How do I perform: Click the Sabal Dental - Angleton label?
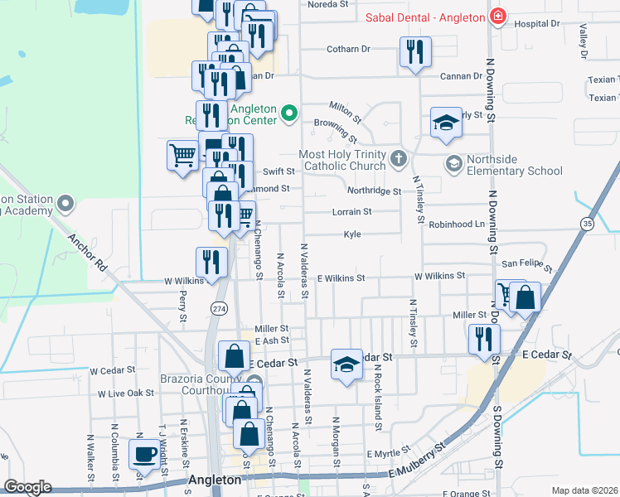click(x=425, y=16)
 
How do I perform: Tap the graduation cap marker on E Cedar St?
click(x=346, y=364)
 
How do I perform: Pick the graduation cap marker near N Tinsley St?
click(x=446, y=123)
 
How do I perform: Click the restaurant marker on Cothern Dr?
click(x=413, y=51)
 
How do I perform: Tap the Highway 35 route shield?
click(x=588, y=224)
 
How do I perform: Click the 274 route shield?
click(x=219, y=308)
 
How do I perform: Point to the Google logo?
click(x=27, y=487)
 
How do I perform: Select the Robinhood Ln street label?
click(x=456, y=224)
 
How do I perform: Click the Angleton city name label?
click(x=215, y=480)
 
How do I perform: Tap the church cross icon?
click(x=399, y=157)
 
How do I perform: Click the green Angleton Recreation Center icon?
click(x=288, y=113)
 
